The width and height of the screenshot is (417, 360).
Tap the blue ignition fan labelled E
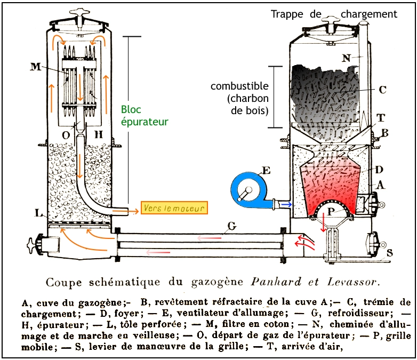[x=249, y=189]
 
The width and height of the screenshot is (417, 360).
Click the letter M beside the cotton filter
[x=36, y=67]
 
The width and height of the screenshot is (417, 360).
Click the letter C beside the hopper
[x=382, y=90]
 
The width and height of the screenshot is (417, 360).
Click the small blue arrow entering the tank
[x=287, y=204]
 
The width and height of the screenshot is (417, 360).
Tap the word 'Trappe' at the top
[x=287, y=14]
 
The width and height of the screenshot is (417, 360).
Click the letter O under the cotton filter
[x=66, y=135]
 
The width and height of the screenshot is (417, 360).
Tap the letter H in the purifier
[x=99, y=135]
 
